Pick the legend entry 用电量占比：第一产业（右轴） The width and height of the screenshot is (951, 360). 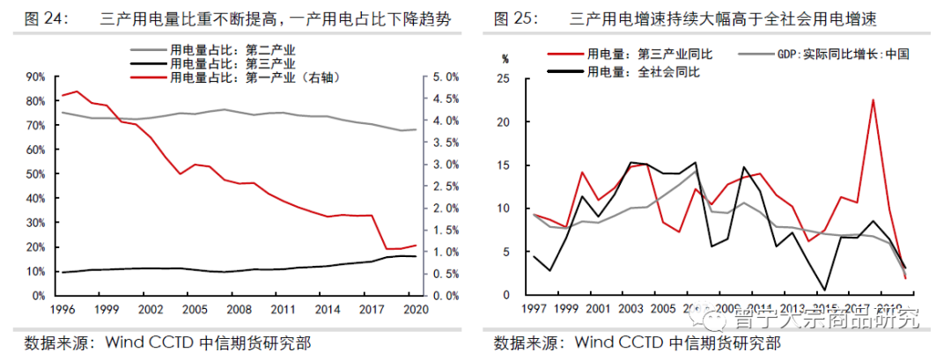point(254,77)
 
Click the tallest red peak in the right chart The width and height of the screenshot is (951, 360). point(873,99)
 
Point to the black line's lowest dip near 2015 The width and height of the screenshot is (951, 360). point(824,289)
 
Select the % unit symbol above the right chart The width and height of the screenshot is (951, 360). point(505,60)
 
